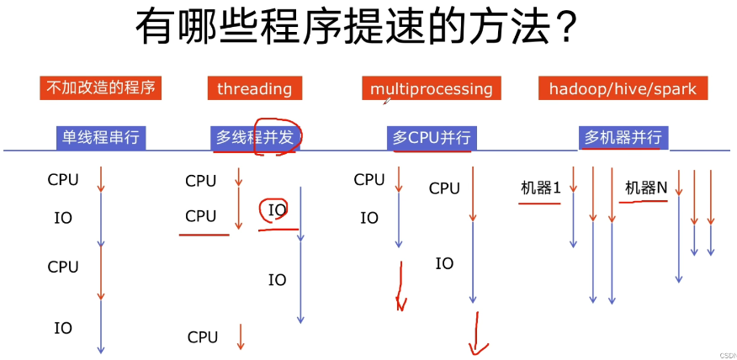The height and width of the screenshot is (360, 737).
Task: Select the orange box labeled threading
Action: click(x=255, y=88)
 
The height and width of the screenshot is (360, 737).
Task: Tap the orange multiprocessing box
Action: click(x=432, y=88)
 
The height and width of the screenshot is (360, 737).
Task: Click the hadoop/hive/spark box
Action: click(x=623, y=88)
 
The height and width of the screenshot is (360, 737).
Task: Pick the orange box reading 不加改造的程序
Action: click(x=100, y=87)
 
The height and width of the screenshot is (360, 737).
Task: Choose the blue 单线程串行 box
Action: click(x=101, y=138)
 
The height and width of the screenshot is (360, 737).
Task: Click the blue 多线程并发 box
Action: click(x=255, y=138)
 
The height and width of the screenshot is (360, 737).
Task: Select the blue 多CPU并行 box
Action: click(x=432, y=138)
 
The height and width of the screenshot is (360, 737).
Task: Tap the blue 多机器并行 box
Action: click(x=623, y=138)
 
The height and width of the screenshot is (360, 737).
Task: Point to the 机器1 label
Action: click(x=540, y=188)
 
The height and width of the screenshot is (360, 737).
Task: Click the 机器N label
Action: click(x=646, y=188)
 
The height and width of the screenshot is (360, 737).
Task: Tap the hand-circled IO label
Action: click(x=278, y=210)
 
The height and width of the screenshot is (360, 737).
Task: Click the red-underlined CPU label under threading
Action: click(x=201, y=216)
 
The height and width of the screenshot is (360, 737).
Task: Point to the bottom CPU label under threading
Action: click(x=203, y=337)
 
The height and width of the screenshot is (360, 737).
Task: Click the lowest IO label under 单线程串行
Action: click(x=63, y=328)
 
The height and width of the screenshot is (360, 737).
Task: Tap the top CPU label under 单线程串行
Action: click(x=63, y=179)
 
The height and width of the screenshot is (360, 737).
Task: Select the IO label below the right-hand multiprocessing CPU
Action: click(x=444, y=263)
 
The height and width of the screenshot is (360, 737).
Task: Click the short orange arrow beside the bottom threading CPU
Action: click(x=240, y=336)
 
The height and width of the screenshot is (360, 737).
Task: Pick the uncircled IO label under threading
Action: click(x=278, y=280)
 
